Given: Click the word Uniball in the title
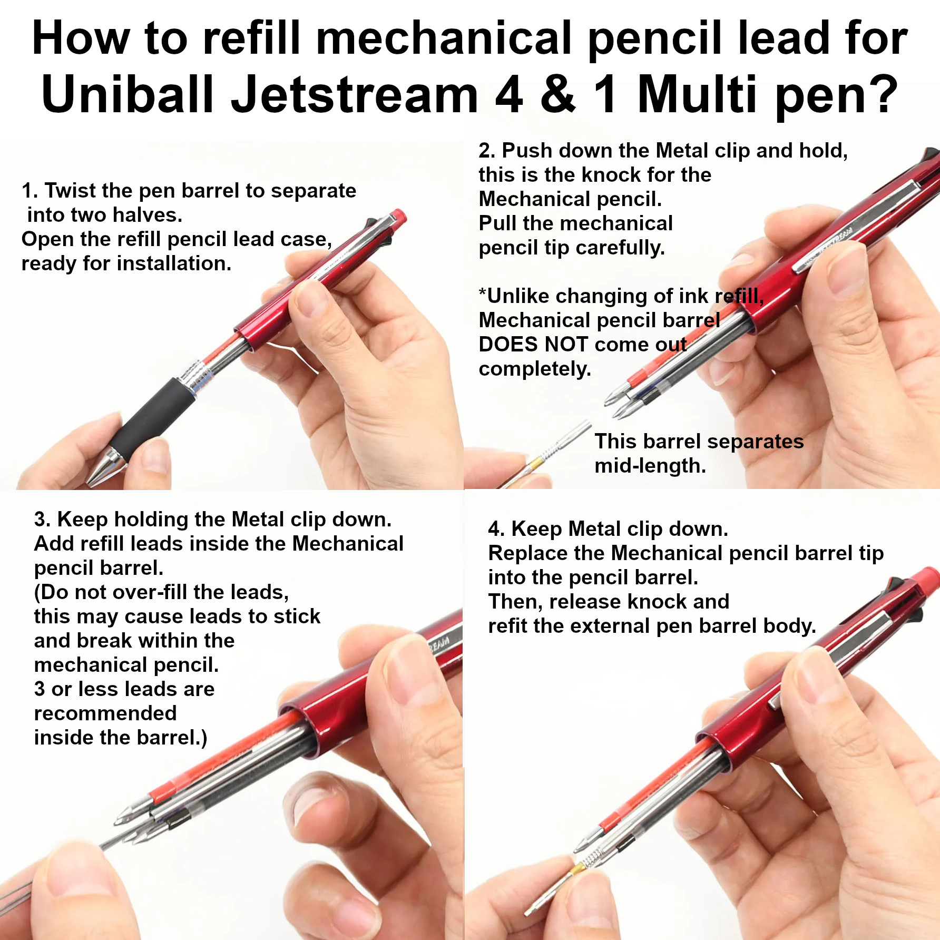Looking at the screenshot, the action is [127, 94].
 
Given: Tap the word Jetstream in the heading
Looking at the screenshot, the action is [354, 94].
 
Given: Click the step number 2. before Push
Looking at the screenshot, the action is [487, 151].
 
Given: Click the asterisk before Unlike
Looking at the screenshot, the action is [482, 292].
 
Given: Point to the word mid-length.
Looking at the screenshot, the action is [650, 466].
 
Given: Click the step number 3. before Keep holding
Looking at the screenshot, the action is [43, 520].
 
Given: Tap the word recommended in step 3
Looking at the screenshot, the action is [105, 713].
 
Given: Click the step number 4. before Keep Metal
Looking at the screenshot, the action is [497, 529].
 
